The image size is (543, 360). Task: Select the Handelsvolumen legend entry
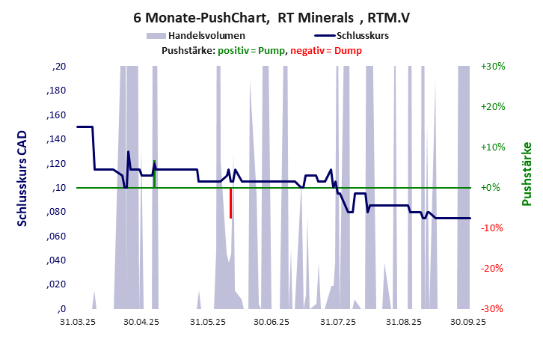coord(196,35)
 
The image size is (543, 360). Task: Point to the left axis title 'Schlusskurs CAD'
coord(22,187)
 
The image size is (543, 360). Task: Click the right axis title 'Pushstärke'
coord(526,174)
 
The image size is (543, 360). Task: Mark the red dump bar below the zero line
coord(230,203)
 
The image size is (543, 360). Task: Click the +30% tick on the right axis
coord(493,67)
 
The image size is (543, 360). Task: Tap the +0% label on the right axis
coord(493,187)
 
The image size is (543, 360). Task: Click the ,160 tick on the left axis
coord(57,115)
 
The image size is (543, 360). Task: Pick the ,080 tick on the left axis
coord(57,212)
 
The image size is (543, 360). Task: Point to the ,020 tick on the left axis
coord(57,284)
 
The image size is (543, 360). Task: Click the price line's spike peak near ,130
coord(128,152)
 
